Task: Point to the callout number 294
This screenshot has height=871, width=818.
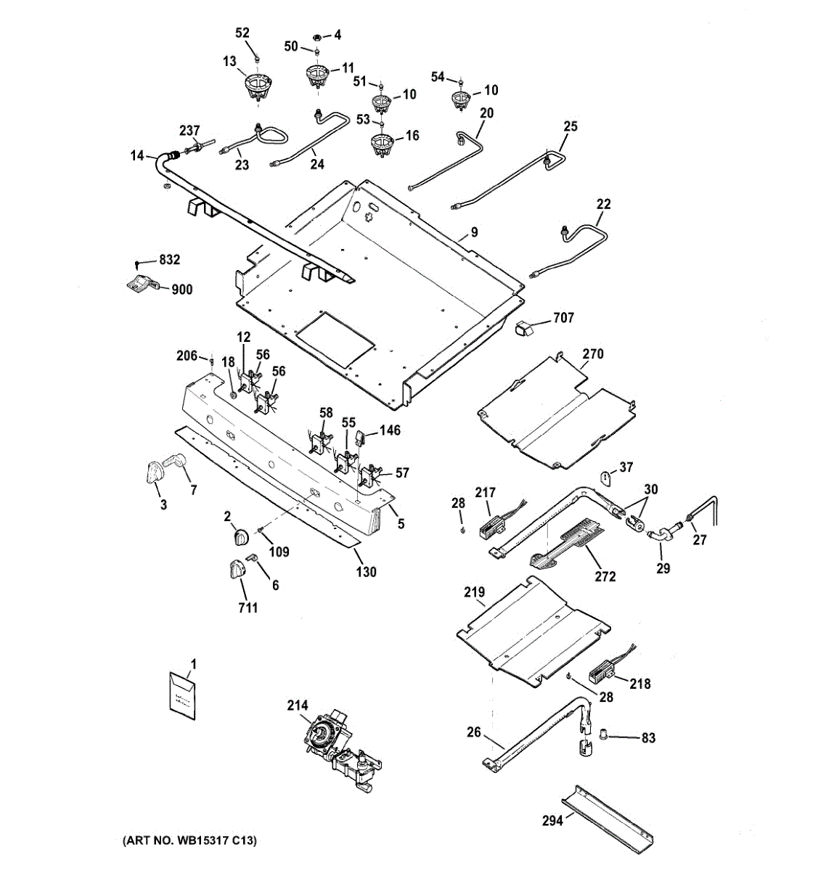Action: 552,820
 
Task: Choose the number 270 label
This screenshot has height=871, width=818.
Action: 593,353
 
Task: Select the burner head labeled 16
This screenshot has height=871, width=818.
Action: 382,144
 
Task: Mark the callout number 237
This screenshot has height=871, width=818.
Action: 189,130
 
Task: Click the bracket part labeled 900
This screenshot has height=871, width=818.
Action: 140,283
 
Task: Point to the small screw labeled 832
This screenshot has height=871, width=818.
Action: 139,263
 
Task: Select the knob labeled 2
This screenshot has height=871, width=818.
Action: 241,537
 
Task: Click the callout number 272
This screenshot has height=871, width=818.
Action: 605,576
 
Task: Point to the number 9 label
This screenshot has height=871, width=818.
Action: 475,232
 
